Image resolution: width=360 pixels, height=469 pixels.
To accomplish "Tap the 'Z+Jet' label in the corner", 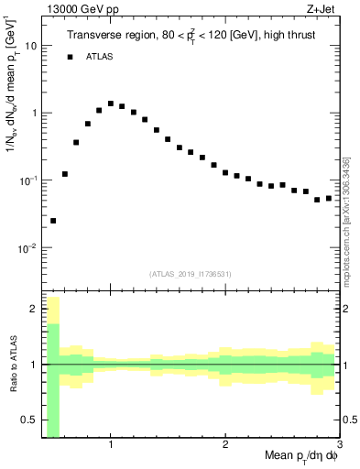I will tap(322, 8).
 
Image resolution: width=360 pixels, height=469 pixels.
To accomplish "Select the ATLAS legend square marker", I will tap(69, 58).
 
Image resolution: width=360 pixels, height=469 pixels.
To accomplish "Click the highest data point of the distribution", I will tap(111, 104).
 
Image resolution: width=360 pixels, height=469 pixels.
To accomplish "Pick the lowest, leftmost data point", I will tap(53, 221).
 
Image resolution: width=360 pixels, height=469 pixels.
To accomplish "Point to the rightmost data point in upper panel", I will tap(329, 198).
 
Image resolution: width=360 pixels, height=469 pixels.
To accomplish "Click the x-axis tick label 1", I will tap(111, 445).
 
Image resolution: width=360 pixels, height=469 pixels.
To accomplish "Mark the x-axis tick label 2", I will tap(225, 445).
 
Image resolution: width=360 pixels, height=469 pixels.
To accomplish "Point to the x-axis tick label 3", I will tap(338, 445).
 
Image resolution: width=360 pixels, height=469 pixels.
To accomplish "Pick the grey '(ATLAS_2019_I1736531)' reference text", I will tap(190, 274).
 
